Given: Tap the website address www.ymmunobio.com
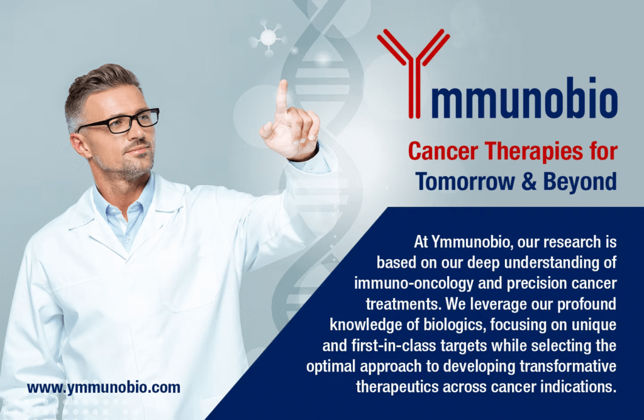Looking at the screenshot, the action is pos(104,387).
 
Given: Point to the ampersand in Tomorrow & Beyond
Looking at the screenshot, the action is pos(530,182).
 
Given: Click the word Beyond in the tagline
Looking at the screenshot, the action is pos(580,182).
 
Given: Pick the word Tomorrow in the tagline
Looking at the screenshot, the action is pos(466,182).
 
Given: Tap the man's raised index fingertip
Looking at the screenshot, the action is pos(282,84).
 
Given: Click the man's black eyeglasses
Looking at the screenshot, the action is pos(118,121).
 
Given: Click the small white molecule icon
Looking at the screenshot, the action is pos(268,38).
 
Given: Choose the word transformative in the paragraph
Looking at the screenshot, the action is pos(569,366).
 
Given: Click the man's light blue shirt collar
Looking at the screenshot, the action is pos(123,205).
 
